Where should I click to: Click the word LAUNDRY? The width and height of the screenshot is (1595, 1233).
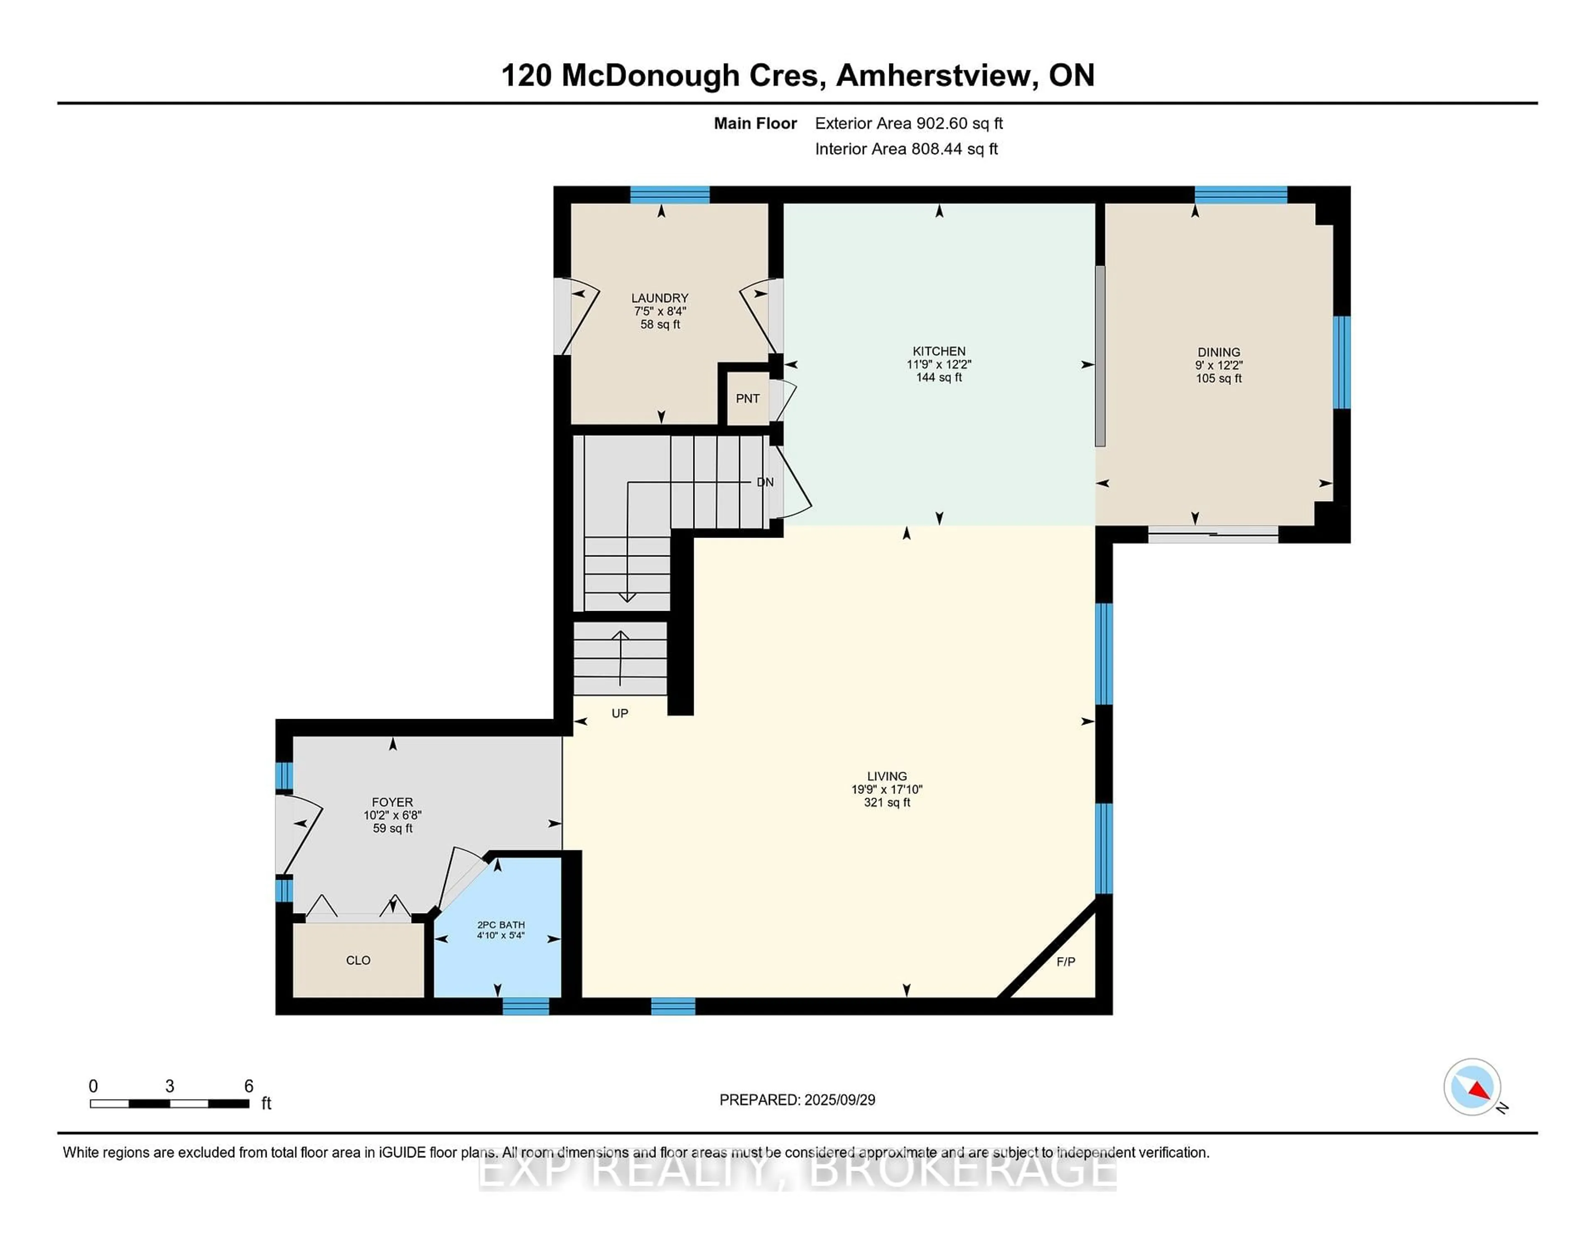pyautogui.click(x=660, y=298)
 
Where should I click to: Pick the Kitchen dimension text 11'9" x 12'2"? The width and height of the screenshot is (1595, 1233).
pyautogui.click(x=939, y=364)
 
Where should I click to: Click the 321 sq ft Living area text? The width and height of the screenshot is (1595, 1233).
pyautogui.click(x=887, y=803)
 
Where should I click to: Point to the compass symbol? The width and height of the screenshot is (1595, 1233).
pyautogui.click(x=1472, y=1087)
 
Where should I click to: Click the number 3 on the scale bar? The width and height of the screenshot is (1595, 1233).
pyautogui.click(x=169, y=1086)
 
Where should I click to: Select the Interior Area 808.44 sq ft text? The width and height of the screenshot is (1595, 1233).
pyautogui.click(x=906, y=149)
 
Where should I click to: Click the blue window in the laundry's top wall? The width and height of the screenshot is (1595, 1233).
pyautogui.click(x=670, y=194)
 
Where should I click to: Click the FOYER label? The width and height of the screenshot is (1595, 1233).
pyautogui.click(x=392, y=802)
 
